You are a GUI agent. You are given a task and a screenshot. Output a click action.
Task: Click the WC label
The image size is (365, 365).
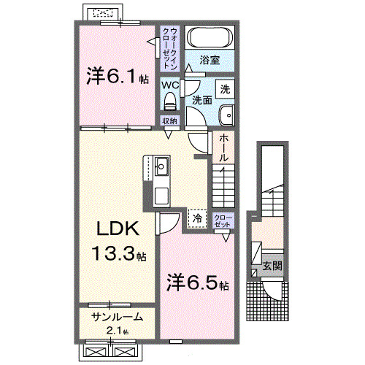click(169, 84)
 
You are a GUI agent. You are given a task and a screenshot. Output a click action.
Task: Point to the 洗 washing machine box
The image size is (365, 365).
click(225, 89)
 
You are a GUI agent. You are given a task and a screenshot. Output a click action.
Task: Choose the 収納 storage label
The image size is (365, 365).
click(169, 120)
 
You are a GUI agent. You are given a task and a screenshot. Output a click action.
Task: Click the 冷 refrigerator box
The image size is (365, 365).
click(197, 217)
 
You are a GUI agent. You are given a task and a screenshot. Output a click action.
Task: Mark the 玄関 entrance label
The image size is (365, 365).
click(272, 266)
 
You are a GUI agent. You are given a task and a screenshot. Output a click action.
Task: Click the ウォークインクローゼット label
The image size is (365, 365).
click(169, 43)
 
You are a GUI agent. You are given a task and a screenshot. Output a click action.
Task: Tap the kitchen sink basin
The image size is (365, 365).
click(161, 169)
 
